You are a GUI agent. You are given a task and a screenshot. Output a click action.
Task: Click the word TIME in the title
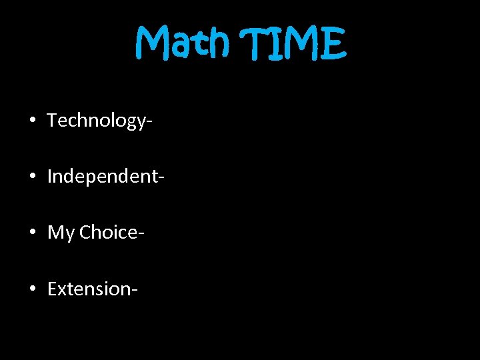point(297,44)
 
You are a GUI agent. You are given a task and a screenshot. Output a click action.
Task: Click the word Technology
point(97,121)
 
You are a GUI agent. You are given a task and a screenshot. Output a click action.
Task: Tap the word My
point(61,233)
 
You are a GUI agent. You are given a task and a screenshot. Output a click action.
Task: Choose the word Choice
point(107,233)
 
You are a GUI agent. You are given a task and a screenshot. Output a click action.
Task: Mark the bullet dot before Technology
point(32,121)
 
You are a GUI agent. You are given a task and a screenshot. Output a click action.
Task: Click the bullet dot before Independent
point(32,177)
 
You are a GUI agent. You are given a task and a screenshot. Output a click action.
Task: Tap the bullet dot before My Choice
point(32,233)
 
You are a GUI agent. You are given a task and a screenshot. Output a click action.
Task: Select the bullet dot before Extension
point(32,289)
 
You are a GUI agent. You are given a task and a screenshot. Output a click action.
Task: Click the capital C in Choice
point(85,233)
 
